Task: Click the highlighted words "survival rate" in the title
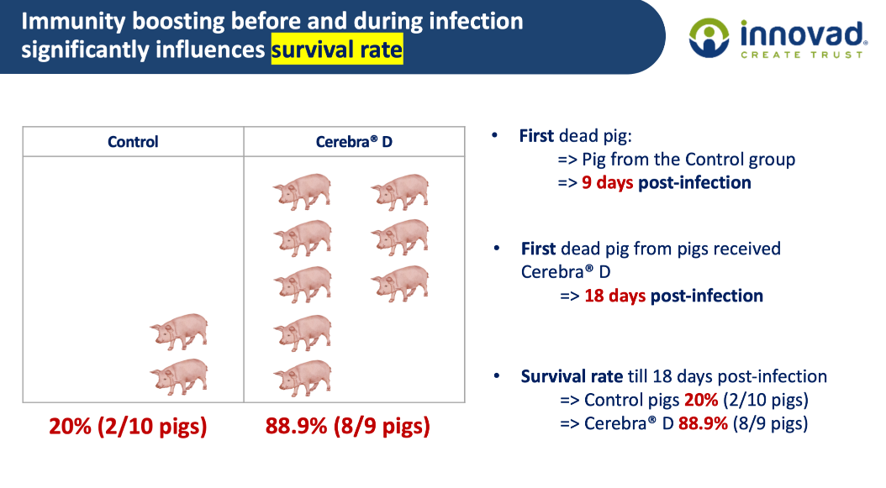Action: [x=337, y=50]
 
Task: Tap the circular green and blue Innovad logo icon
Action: [x=709, y=38]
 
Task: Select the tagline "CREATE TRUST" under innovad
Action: [x=802, y=55]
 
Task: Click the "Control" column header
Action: [x=133, y=141]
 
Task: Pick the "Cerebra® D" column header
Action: [x=354, y=141]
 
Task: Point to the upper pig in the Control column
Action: [x=179, y=332]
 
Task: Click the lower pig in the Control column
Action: [x=179, y=377]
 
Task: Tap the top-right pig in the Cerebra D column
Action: [x=400, y=192]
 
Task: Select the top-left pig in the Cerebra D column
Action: [x=303, y=192]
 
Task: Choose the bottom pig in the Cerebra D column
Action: [x=303, y=378]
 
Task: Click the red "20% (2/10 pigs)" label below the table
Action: [x=129, y=426]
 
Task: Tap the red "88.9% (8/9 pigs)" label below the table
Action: [x=347, y=426]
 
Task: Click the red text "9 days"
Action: [x=608, y=182]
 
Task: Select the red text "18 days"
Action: [x=614, y=296]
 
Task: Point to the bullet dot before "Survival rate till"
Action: [x=497, y=375]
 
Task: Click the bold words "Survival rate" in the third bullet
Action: [x=572, y=376]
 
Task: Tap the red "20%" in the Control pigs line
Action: [x=701, y=400]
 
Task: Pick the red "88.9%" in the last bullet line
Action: [x=703, y=423]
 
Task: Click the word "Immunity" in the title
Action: [x=73, y=22]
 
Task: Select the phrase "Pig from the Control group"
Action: [x=688, y=160]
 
